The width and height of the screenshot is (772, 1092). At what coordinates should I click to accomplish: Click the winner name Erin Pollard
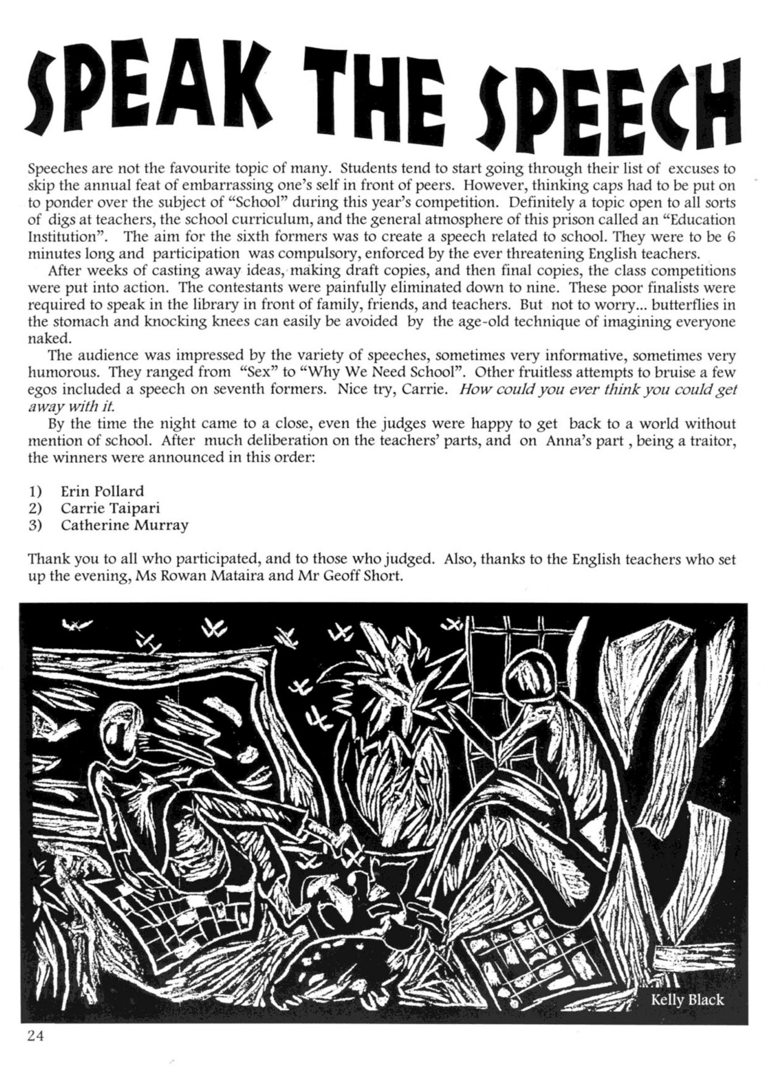click(x=102, y=491)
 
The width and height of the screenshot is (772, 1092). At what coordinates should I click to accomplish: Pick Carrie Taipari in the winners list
click(x=110, y=508)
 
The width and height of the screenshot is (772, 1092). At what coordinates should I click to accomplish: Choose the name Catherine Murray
click(x=124, y=525)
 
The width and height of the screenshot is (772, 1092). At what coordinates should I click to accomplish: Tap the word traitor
click(x=713, y=440)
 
